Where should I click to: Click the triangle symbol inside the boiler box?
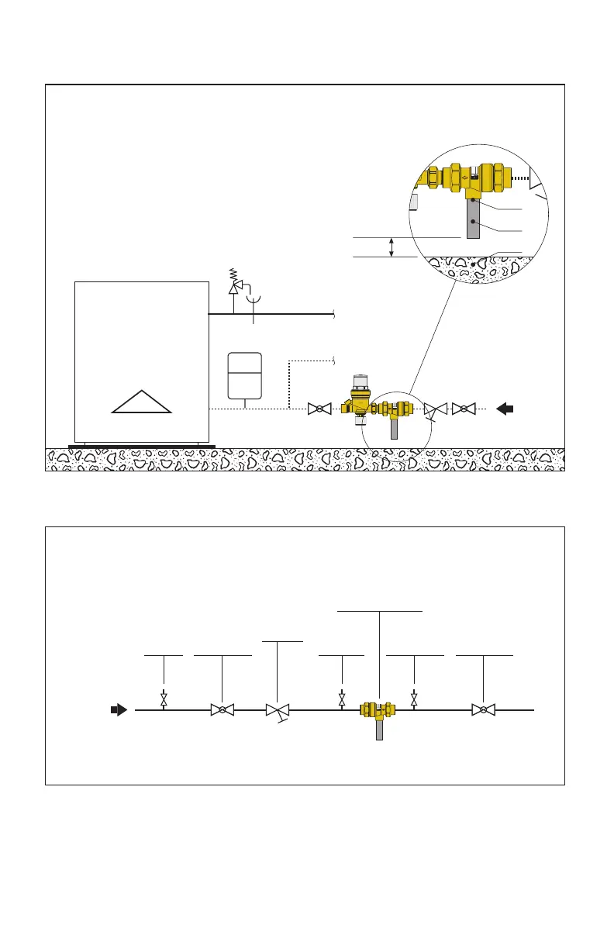[141, 402]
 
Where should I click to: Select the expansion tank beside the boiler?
[244, 374]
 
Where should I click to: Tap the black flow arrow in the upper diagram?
[505, 409]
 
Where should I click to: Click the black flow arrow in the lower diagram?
[118, 709]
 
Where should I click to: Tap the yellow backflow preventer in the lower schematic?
[378, 709]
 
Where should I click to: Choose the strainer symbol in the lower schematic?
[277, 710]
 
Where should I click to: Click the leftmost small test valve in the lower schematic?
[164, 699]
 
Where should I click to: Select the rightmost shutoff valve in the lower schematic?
[484, 709]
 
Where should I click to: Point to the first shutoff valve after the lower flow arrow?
[222, 709]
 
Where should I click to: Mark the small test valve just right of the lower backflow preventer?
[414, 699]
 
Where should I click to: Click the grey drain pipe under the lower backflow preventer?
[379, 730]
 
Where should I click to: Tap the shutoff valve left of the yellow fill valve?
[319, 409]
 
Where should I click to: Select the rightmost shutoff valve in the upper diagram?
[464, 409]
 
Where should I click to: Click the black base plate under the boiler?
[141, 446]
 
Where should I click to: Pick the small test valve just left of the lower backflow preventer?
[342, 699]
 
